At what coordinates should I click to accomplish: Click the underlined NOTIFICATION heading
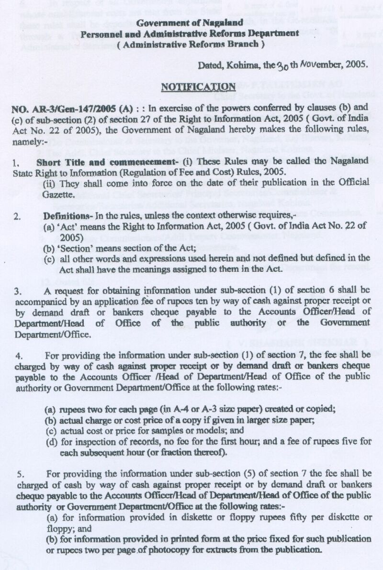(198, 87)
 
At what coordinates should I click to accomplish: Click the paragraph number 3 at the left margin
(17, 291)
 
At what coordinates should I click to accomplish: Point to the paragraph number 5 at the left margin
(20, 474)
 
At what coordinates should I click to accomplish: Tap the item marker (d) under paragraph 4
(50, 443)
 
